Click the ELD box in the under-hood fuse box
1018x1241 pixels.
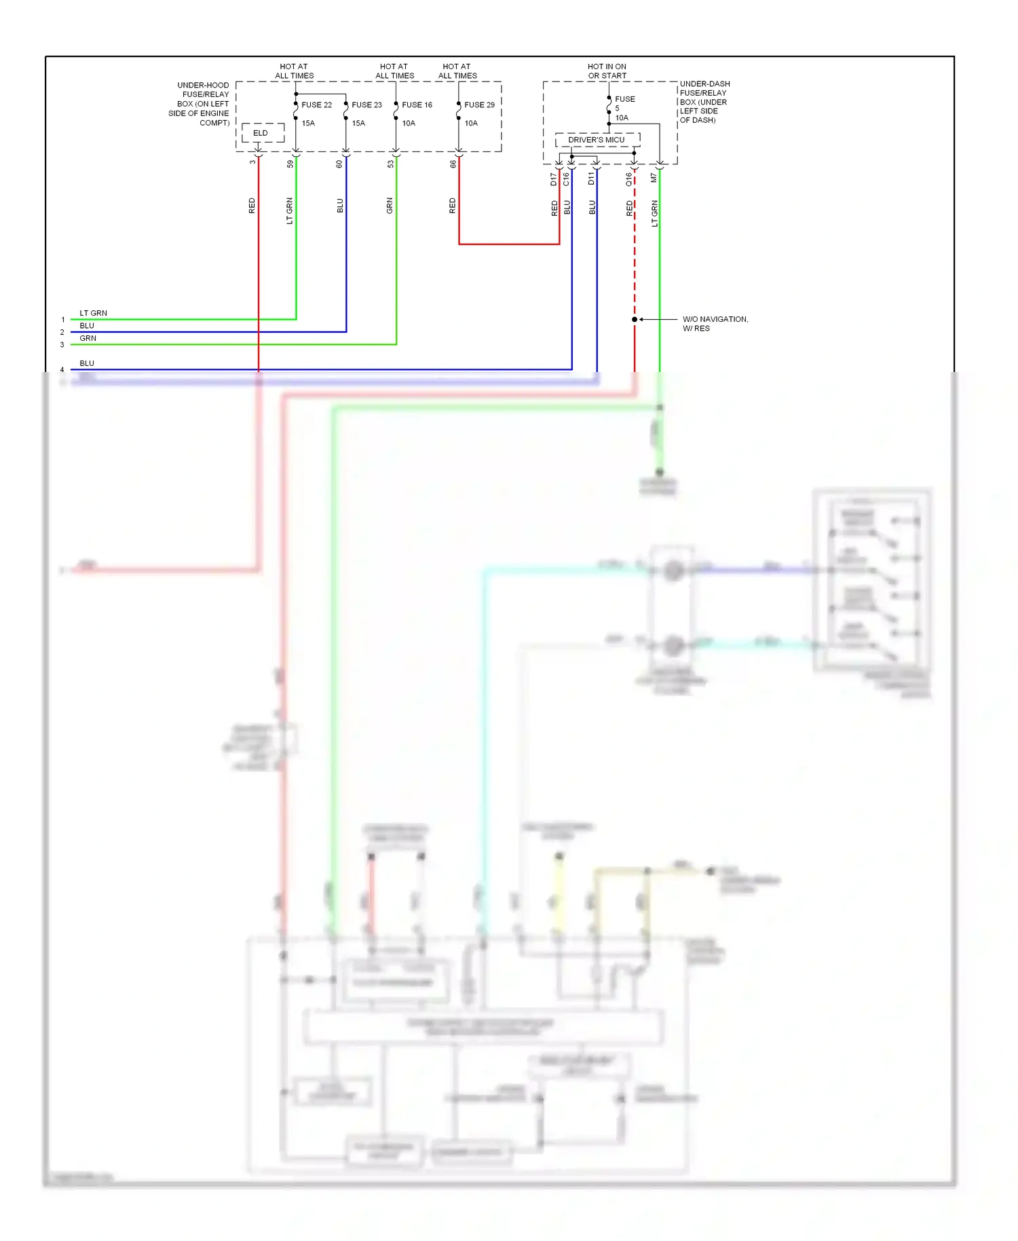tap(261, 133)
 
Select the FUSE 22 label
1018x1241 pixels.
tap(316, 105)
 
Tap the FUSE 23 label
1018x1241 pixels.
tap(366, 105)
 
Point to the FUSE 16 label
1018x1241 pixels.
tap(417, 105)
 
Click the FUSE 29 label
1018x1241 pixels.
tap(479, 105)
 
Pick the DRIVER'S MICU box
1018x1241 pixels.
tap(597, 140)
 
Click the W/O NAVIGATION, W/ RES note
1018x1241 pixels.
tap(715, 324)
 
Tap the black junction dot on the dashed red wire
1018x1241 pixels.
tap(635, 319)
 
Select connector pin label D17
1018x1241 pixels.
tap(554, 179)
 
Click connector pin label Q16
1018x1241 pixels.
tap(629, 179)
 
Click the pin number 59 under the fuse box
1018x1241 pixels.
tap(290, 164)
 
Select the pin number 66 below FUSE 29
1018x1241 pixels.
tap(453, 164)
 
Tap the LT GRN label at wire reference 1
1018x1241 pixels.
tap(93, 313)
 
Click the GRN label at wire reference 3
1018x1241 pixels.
tap(88, 338)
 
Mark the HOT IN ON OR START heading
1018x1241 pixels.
tap(607, 71)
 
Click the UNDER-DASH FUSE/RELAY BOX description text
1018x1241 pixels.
tap(704, 102)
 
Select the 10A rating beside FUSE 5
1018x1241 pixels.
tap(622, 118)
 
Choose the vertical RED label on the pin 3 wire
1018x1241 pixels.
tap(252, 206)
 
